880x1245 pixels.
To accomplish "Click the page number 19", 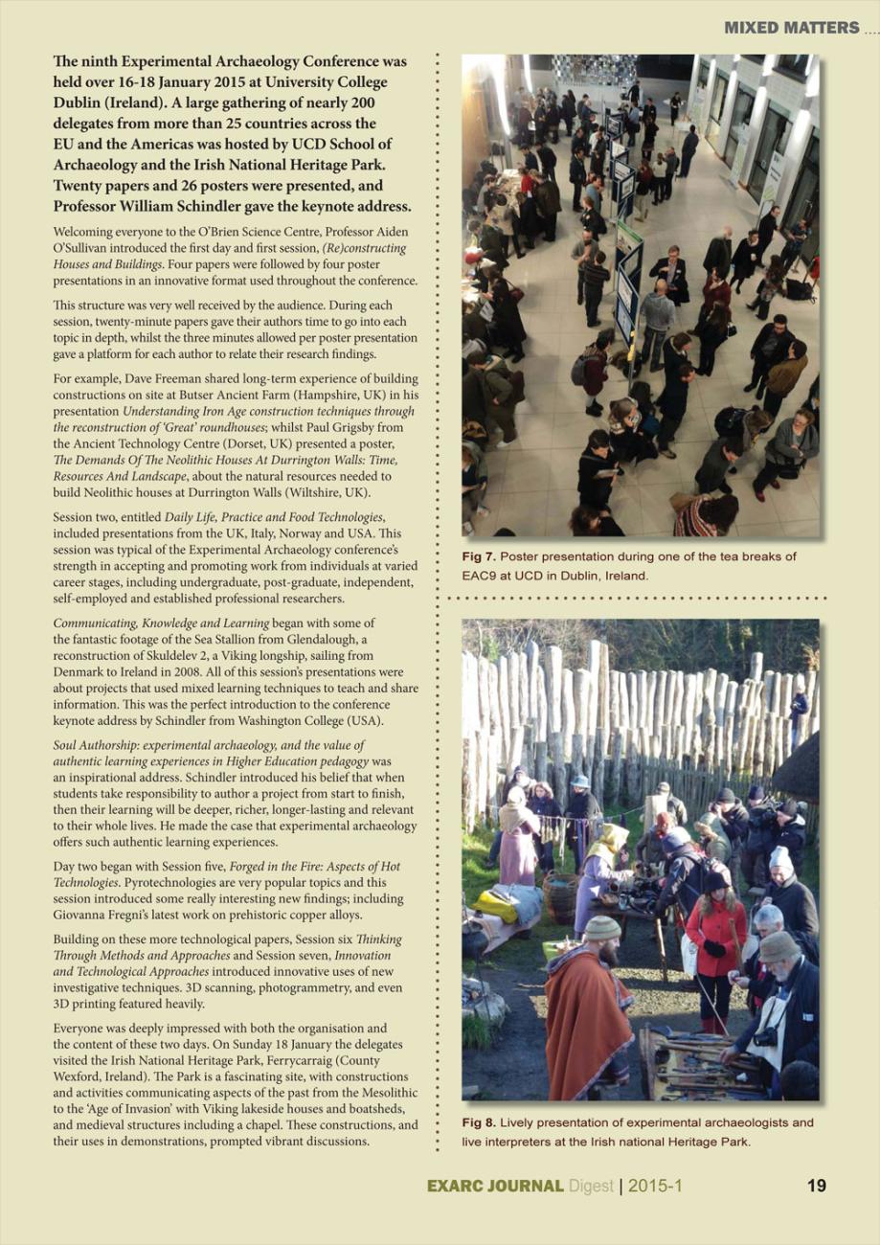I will [x=817, y=1187].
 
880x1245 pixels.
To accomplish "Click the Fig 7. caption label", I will [x=479, y=556].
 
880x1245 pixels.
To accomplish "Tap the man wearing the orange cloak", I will [x=586, y=1015].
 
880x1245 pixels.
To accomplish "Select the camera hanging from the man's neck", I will [x=766, y=1037].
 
